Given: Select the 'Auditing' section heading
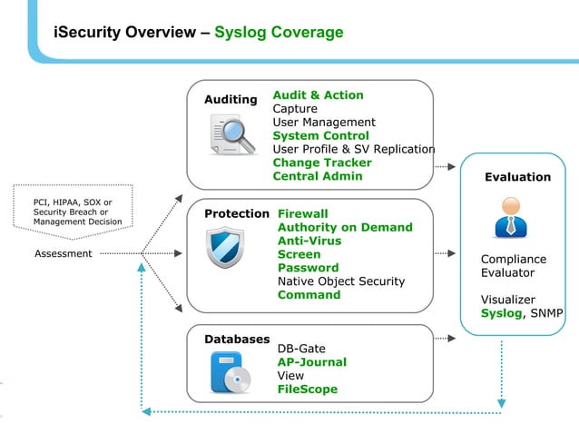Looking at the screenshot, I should point(231,98).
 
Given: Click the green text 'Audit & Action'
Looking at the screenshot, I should point(318,95).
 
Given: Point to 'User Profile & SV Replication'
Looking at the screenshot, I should point(354,149).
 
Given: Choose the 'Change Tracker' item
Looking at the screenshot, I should point(322,163).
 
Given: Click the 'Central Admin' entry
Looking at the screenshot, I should point(318,176).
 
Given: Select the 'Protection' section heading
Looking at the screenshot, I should point(237,214).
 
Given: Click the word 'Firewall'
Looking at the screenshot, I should point(302,214).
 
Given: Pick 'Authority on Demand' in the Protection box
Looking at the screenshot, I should point(345,228).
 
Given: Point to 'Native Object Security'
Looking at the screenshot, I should point(341,281).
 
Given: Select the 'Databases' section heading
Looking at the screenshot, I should point(237,339).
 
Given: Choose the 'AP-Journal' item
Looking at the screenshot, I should point(311,362).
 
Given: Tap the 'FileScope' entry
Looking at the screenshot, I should point(307,390).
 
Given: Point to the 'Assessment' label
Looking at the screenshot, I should point(63,253).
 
